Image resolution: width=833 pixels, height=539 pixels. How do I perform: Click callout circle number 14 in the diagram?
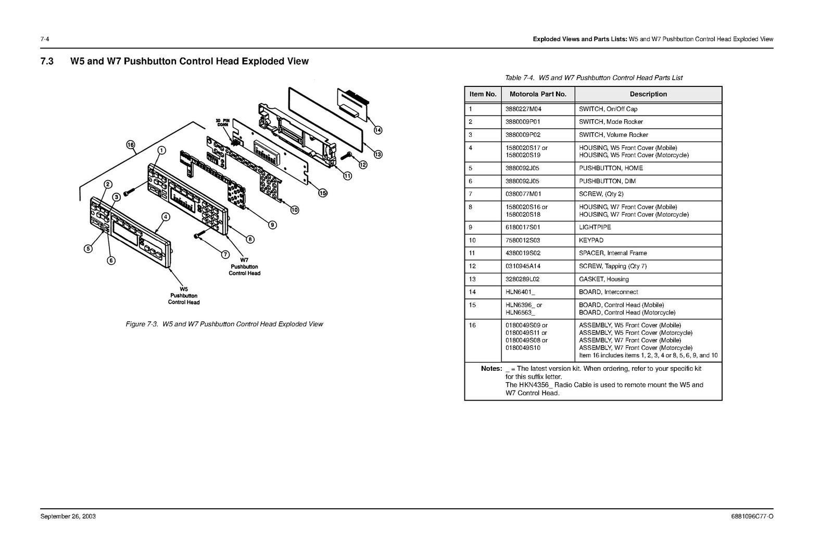[x=378, y=130]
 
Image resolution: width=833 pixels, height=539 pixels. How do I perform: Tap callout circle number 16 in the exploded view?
[x=131, y=145]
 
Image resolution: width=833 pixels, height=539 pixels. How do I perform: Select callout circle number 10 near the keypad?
[x=295, y=210]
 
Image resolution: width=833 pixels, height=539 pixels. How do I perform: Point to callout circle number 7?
[x=225, y=254]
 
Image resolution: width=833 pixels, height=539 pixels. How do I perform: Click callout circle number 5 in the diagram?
[x=89, y=248]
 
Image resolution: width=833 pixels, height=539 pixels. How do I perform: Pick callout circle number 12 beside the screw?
[x=363, y=165]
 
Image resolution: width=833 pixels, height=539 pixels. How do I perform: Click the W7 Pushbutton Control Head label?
[x=244, y=266]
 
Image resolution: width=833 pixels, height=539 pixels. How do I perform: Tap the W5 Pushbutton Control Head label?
[x=183, y=295]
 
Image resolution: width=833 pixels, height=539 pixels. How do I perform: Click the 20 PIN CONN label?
[x=223, y=123]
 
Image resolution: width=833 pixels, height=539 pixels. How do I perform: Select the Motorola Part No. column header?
[x=538, y=94]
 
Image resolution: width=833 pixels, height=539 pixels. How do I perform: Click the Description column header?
[x=648, y=94]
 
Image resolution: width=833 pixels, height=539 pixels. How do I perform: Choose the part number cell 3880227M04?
[x=523, y=109]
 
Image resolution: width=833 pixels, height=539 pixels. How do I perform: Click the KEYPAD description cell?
[x=591, y=240]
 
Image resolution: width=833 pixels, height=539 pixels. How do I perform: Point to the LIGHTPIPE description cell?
[x=595, y=227]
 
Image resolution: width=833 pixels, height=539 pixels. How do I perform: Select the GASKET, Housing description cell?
[x=603, y=279]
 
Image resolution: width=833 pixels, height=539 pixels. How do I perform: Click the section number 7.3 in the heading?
[x=47, y=61]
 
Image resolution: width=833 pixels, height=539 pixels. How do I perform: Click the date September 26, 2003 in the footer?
[x=68, y=517]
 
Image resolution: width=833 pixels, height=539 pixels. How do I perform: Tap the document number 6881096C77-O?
[x=752, y=517]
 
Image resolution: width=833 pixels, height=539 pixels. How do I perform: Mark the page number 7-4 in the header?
[x=44, y=39]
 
